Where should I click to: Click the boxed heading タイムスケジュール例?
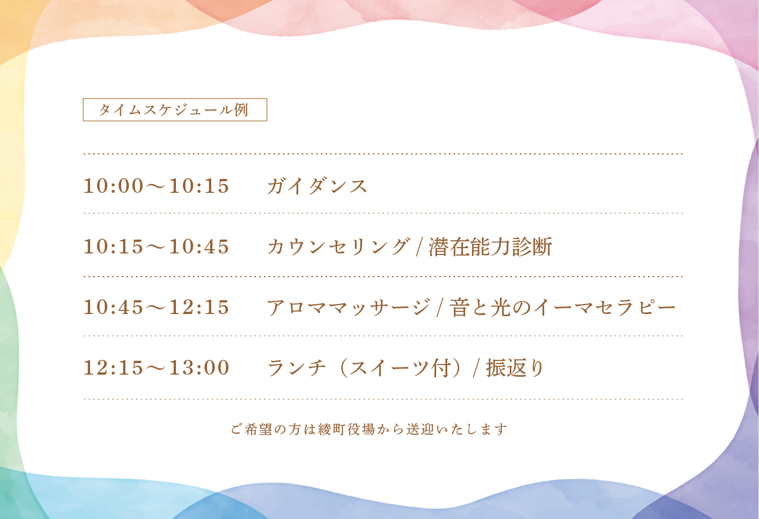175,110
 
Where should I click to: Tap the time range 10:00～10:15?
156,186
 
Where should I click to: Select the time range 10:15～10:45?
156,247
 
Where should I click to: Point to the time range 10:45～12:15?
156,307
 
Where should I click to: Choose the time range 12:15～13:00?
156,367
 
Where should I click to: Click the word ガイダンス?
317,186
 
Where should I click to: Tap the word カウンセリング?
339,247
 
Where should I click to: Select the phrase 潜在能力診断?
490,247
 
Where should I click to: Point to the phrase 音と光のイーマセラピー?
563,307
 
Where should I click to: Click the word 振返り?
515,368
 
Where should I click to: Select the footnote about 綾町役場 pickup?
369,429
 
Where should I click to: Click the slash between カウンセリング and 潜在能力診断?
419,247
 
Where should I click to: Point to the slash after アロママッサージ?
440,308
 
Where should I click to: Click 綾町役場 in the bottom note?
346,429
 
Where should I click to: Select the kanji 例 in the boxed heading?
242,110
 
